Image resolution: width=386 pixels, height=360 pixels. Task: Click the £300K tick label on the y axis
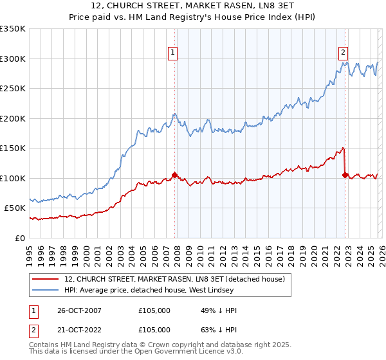13,59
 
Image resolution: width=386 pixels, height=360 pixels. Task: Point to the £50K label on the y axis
15,208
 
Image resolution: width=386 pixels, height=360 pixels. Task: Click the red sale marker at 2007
174,175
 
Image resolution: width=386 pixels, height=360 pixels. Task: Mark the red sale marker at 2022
345,175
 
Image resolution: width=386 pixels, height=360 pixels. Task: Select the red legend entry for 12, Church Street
179,280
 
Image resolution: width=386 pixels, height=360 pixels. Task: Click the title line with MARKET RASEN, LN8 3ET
193,8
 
